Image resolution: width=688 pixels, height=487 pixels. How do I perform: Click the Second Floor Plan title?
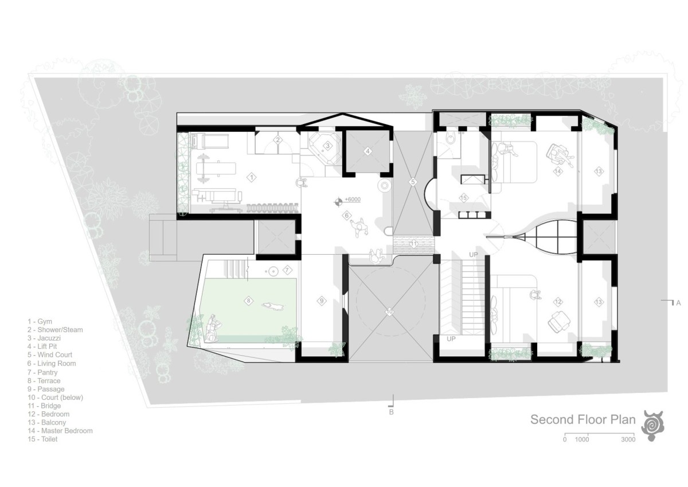coord(583,419)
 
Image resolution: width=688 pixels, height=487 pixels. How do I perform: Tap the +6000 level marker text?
coord(353,200)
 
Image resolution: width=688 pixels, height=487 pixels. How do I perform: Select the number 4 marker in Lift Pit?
coord(368,151)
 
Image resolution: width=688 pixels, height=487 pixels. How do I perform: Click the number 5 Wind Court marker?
coord(413,182)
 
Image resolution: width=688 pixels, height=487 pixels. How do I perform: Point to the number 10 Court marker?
coord(389,312)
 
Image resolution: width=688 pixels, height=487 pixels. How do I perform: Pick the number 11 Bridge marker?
coord(414,244)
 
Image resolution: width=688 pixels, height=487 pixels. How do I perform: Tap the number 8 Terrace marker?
coord(248,301)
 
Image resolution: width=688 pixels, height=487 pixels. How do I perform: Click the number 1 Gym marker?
coord(252,177)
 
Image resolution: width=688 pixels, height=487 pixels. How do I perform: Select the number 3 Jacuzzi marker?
coord(328,146)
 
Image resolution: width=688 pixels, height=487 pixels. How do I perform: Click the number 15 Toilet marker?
coord(463,198)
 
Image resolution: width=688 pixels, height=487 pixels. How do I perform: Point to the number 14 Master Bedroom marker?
coord(558,171)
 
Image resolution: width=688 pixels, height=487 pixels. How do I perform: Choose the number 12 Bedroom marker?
coord(558,302)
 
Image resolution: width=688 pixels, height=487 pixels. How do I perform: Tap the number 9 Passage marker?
coord(322,301)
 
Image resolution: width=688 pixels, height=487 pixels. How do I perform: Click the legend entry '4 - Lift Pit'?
coord(42,346)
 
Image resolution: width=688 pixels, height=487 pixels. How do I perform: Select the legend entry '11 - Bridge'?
coord(44,406)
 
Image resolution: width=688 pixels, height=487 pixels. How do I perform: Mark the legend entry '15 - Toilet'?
coord(42,439)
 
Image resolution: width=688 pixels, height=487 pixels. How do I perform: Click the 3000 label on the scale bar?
coord(628,440)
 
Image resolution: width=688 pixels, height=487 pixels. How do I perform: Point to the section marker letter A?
coord(678,303)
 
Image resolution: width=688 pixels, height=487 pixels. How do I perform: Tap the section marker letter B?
coord(391,412)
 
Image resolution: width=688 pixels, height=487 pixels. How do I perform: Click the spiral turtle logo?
coord(652,426)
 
